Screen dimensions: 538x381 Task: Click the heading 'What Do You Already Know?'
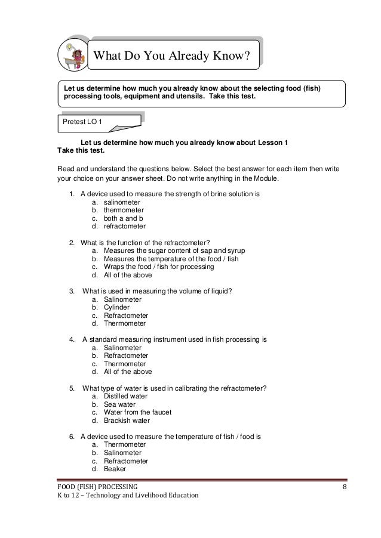pyautogui.click(x=174, y=57)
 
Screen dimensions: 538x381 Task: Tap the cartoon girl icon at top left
pyautogui.click(x=74, y=56)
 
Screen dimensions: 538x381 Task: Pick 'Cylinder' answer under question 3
pyautogui.click(x=117, y=307)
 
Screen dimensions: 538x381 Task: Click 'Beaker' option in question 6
pyautogui.click(x=115, y=469)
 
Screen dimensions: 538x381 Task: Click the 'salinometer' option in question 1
pyautogui.click(x=122, y=202)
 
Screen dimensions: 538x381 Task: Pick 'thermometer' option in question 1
pyautogui.click(x=124, y=210)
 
